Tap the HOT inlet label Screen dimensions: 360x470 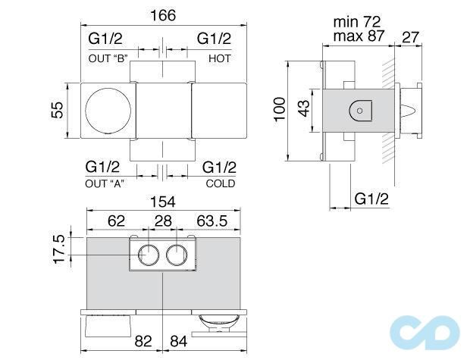tap(219, 58)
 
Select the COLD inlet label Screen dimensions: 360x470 tap(220, 183)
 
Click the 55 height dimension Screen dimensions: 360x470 tap(55, 111)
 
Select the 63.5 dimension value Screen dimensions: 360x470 tap(213, 223)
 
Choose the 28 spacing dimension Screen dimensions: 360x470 tap(163, 223)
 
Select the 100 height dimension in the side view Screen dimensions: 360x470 tap(280, 111)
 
